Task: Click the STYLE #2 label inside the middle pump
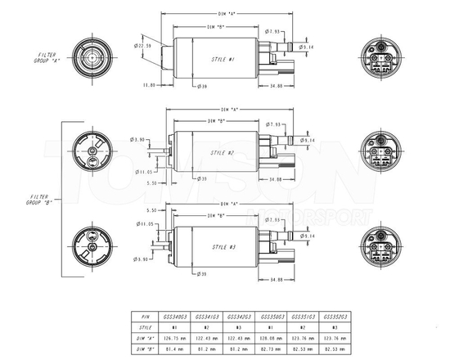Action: (223, 152)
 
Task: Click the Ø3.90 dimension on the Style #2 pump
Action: (137, 139)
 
